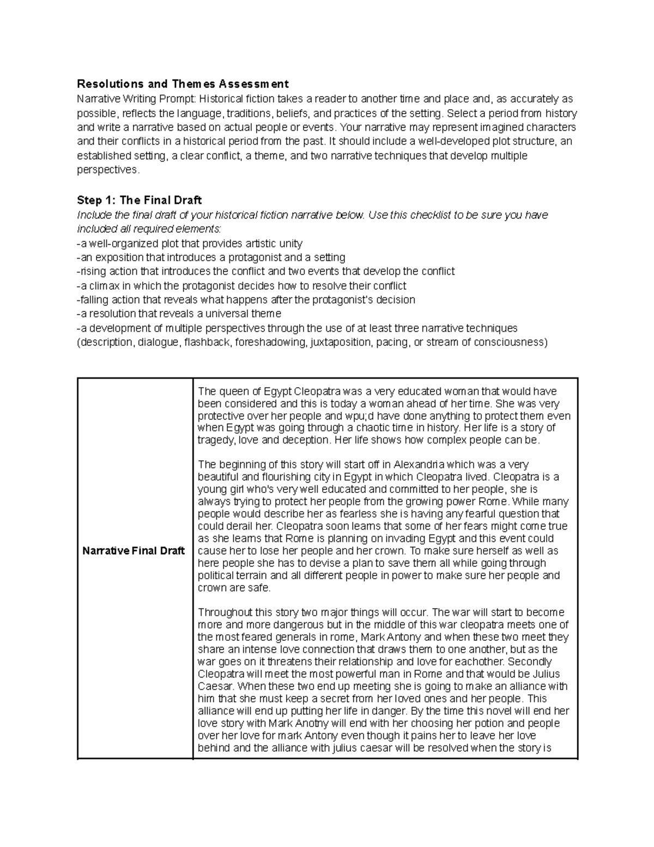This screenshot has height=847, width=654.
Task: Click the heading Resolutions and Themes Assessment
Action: click(x=183, y=84)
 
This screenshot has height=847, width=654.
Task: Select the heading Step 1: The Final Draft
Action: click(x=140, y=200)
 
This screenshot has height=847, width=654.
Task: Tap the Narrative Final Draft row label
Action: click(x=134, y=551)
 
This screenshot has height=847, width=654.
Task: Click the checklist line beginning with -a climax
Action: click(x=241, y=286)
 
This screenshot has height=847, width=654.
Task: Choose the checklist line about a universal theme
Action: click(x=179, y=314)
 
